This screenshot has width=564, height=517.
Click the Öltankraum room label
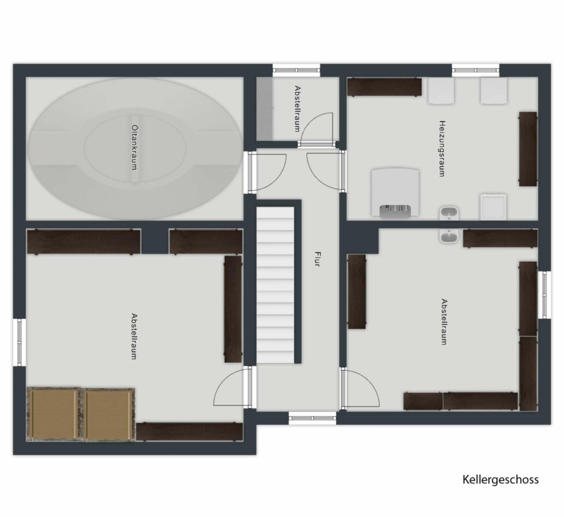pos(134,147)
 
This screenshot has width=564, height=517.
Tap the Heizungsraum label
pos(442,149)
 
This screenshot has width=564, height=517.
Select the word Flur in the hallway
pos(317,259)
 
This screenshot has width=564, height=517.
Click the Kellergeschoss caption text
pos(500,479)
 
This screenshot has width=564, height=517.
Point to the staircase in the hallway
pos(275,285)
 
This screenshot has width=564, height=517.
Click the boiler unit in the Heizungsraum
pos(395,192)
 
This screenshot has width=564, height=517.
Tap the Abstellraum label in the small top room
pos(297,108)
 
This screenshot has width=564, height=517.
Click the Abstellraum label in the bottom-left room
pos(134,337)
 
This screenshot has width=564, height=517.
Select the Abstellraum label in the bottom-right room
pos(444,321)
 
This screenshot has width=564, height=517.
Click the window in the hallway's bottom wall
pos(312,418)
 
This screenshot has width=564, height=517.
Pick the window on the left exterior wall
pos(19,342)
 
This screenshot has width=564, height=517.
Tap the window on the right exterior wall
pos(545,295)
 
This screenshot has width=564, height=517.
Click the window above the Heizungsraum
pos(476,70)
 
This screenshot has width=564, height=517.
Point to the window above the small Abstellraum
pos(296,70)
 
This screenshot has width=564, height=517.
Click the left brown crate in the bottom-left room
pos(54,414)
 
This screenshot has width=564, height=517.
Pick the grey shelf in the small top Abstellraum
pos(264,108)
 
